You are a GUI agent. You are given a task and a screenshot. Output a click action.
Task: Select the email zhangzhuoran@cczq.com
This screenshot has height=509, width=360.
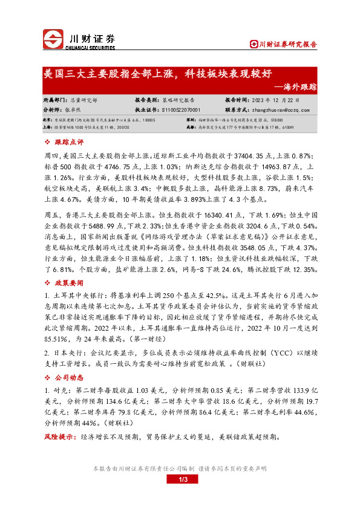(x=278, y=111)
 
